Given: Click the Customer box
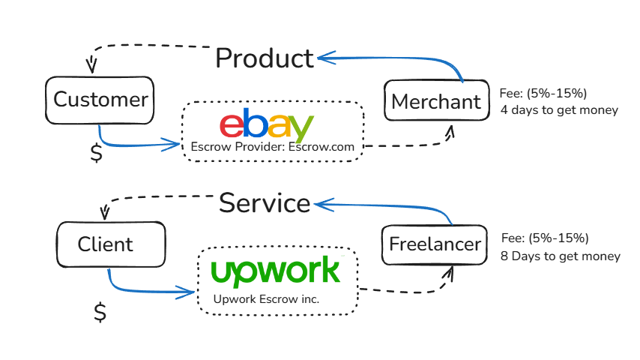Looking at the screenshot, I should coord(100,100).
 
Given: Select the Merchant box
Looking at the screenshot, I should coord(435,101).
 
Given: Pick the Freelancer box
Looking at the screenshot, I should coord(435,244).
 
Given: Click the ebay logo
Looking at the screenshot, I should coord(266,125).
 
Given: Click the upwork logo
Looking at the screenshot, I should coord(275,271).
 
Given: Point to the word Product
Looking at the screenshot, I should coord(264,58).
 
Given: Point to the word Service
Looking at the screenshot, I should coord(264,202).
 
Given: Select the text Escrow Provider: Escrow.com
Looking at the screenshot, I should coord(272,147).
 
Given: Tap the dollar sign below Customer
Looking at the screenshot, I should coord(96,152).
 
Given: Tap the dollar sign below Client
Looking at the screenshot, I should coord(100,311).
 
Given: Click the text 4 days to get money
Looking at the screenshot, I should coord(559,110).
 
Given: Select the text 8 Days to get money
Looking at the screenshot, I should coord(561,256).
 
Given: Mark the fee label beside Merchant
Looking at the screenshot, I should coord(543,94).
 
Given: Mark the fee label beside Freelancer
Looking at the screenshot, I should coord(545,238).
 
